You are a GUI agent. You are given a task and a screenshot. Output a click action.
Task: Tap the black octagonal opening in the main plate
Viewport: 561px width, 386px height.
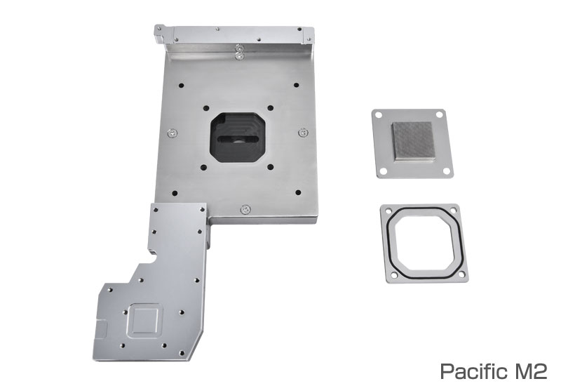[238, 137]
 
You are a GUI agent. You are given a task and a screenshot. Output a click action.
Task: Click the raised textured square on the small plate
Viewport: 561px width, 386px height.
[414, 142]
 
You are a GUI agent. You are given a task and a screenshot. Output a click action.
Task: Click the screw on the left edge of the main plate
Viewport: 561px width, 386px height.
[173, 133]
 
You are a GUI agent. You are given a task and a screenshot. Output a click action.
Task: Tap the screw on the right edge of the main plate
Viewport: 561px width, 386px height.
[303, 133]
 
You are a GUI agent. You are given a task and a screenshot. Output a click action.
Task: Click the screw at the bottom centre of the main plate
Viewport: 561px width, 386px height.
[245, 209]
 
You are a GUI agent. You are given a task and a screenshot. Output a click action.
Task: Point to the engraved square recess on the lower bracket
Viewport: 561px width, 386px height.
[144, 321]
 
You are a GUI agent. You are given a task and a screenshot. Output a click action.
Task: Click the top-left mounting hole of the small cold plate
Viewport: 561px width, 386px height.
[379, 115]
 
